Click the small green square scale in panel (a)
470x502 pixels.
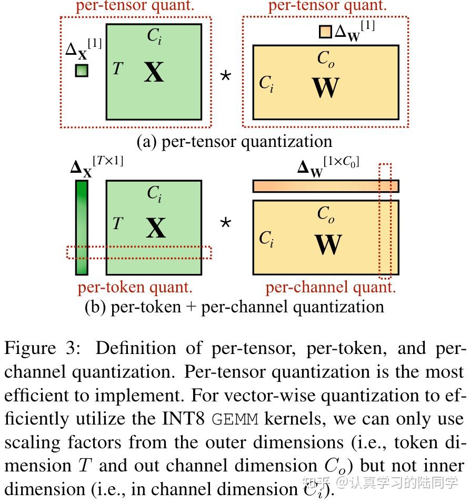point(82,70)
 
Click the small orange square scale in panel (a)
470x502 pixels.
point(325,32)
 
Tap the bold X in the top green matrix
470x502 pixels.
point(154,72)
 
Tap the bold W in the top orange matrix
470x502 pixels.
point(326,87)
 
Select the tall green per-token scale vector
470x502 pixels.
point(82,227)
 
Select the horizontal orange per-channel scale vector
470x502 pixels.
point(325,186)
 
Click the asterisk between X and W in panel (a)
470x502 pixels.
point(225,76)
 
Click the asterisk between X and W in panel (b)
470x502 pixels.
point(225,223)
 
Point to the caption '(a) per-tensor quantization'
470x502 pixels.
point(234,141)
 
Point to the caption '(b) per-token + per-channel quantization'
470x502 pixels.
point(234,307)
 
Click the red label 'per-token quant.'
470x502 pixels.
point(135,287)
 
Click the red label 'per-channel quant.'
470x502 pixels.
point(330,287)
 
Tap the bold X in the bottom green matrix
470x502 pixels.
point(155,229)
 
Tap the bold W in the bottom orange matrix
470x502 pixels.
point(328,244)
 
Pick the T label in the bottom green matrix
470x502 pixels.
point(117,223)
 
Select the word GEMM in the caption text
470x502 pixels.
point(236,419)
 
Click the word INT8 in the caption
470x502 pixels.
point(185,419)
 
